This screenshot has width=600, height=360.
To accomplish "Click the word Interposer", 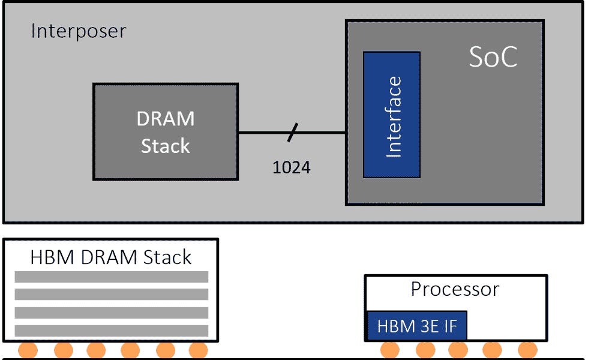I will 78,31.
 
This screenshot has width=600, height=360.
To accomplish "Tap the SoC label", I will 493,58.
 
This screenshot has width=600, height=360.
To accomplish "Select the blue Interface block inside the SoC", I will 392,115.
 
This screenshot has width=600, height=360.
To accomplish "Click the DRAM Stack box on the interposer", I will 166,132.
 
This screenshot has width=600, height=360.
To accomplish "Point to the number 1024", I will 292,167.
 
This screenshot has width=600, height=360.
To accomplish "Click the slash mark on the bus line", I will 292,133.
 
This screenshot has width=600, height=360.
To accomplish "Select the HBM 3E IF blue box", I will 416,326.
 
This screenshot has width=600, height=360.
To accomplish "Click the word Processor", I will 455,289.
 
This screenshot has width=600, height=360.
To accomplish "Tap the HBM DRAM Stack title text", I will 111,257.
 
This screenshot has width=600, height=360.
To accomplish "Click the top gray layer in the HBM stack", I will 111,277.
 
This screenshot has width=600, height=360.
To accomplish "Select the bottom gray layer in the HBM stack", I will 111,331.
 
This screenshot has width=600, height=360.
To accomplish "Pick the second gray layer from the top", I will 111,295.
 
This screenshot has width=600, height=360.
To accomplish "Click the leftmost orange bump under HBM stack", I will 28,350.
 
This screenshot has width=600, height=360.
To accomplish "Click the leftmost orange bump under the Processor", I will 390,350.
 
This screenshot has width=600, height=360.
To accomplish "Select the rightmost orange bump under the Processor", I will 527,350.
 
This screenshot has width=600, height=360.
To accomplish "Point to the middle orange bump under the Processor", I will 458,350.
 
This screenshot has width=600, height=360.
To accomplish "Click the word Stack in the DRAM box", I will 166,146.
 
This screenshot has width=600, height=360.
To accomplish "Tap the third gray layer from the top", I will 111,313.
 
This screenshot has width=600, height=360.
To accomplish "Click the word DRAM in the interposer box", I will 166,119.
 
